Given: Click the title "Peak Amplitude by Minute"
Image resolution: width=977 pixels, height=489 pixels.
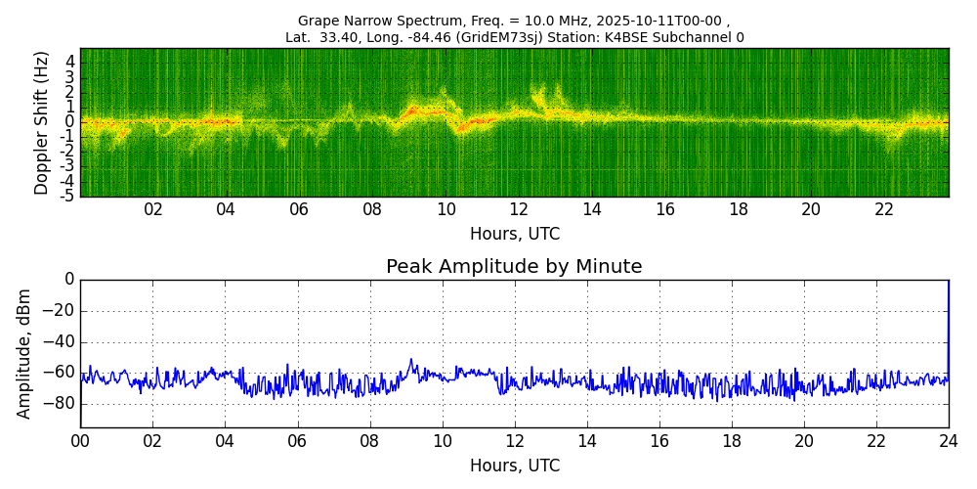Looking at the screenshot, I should coord(514,267).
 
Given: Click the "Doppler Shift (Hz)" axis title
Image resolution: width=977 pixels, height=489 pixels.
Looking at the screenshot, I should coord(41,122).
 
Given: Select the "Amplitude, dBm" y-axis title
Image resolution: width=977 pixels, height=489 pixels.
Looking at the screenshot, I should coord(24,353).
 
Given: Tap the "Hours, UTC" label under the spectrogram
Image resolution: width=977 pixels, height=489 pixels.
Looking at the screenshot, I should coord(514,235).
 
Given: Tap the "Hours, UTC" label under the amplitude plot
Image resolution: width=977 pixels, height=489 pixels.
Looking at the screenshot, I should coord(514,467).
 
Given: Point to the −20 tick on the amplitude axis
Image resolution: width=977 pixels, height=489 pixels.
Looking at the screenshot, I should coord(58,311).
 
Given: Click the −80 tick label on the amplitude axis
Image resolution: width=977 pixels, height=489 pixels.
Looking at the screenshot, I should coord(58,403).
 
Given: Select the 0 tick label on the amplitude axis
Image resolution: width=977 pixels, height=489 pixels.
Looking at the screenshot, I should coord(68,280).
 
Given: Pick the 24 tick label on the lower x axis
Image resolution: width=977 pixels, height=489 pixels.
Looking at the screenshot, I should coord(949,442).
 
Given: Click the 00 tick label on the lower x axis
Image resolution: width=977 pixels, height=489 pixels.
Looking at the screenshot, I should coord(80,442).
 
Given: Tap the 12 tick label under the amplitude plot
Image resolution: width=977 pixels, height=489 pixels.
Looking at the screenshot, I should coord(514,442).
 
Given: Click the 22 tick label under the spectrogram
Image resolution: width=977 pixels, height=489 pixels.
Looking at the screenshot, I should coord(884,210).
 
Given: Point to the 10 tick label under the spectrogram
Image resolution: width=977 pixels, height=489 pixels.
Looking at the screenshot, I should coord(446,210).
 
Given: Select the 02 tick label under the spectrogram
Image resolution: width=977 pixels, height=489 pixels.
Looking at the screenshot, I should coord(153,210).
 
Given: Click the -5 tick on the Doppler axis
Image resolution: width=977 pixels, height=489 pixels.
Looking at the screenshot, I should coord(67,196).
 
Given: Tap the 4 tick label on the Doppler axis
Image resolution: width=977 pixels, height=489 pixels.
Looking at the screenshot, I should coord(70,61).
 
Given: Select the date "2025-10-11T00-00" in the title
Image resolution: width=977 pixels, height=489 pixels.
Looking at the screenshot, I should coord(662,21).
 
